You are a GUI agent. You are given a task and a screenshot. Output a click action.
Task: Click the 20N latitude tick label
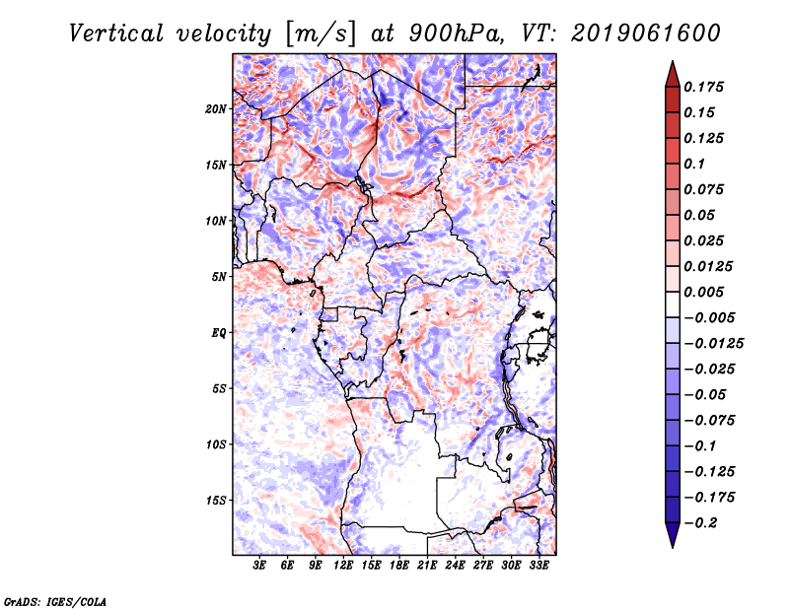pyautogui.click(x=216, y=108)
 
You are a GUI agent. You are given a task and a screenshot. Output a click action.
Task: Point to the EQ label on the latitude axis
pyautogui.click(x=219, y=332)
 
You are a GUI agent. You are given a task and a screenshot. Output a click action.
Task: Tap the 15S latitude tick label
pyautogui.click(x=216, y=500)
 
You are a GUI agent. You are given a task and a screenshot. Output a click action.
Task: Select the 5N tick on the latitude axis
pyautogui.click(x=219, y=277)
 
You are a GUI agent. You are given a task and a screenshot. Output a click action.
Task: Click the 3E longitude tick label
pyautogui.click(x=260, y=566)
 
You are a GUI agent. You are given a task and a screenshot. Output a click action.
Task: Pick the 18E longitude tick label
pyautogui.click(x=399, y=566)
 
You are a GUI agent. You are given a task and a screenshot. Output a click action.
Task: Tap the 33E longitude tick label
pyautogui.click(x=538, y=566)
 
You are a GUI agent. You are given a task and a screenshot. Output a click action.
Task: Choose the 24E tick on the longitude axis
pyautogui.click(x=455, y=566)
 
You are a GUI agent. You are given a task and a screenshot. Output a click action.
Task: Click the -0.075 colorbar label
pyautogui.click(x=710, y=420)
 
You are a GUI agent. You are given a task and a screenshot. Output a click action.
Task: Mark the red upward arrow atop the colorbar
pyautogui.click(x=671, y=72)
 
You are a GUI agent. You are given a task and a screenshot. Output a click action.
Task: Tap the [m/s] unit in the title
pyautogui.click(x=318, y=33)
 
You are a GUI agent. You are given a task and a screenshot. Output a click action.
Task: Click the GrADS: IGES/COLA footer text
pyautogui.click(x=55, y=600)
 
